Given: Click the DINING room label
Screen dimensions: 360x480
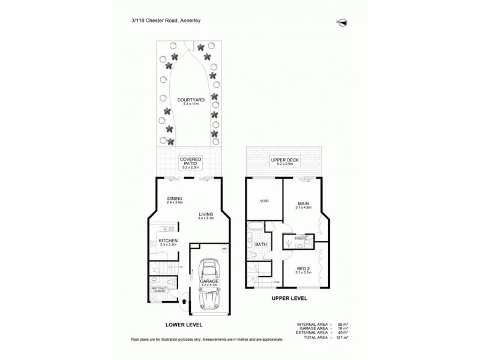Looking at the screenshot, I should (x=175, y=199).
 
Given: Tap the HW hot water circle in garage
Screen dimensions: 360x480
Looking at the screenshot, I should (x=224, y=249).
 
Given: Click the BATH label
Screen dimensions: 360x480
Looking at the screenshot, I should (x=261, y=245).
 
